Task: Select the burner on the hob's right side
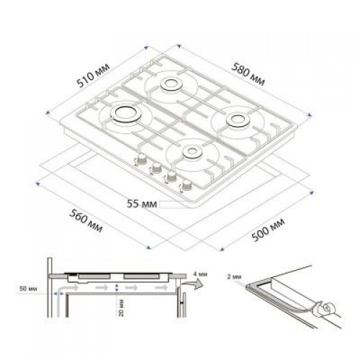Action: pyautogui.click(x=237, y=121)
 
